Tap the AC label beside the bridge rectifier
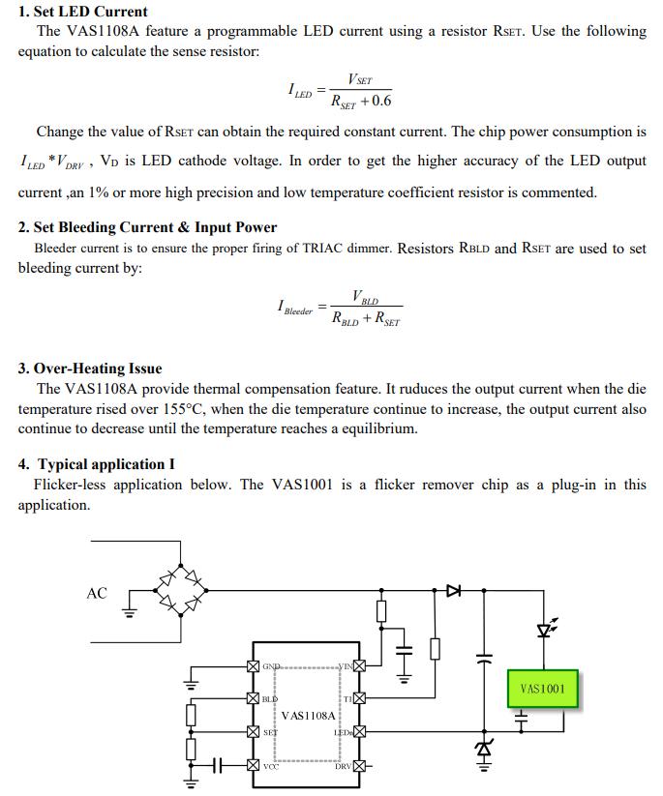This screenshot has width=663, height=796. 97,593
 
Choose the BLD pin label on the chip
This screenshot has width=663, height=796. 270,698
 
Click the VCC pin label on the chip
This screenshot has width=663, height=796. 270,767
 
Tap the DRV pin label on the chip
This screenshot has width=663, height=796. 343,767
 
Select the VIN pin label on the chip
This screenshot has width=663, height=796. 345,667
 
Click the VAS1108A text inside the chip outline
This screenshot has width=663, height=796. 308,716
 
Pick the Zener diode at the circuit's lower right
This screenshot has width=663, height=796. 481,748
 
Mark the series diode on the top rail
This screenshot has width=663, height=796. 452,589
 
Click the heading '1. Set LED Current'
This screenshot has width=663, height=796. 83,12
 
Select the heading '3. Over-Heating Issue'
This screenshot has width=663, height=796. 90,369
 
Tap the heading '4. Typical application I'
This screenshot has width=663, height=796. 97,464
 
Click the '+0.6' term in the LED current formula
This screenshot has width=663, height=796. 375,101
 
